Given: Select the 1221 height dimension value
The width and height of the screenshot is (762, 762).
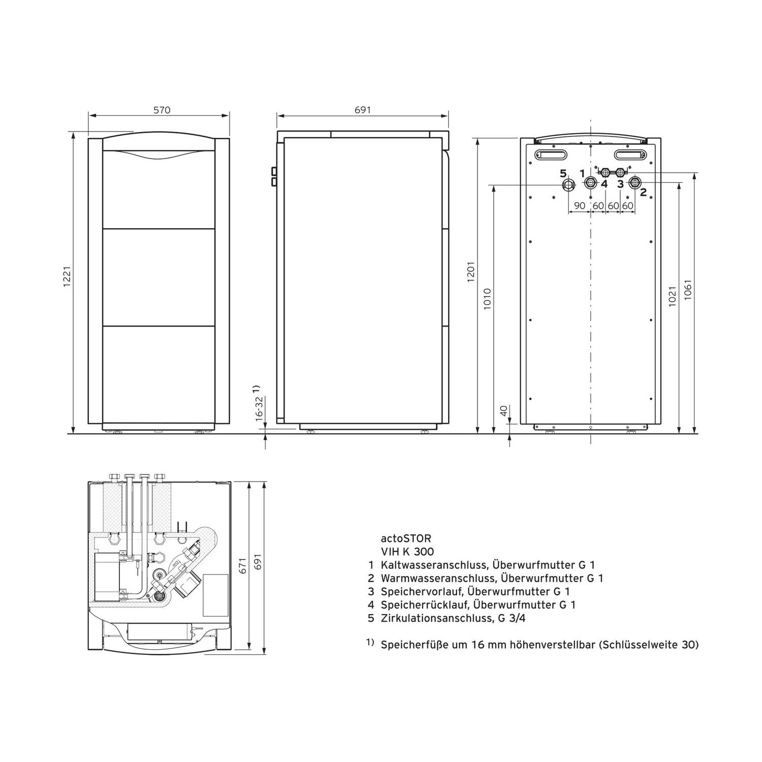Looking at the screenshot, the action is [67, 278].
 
